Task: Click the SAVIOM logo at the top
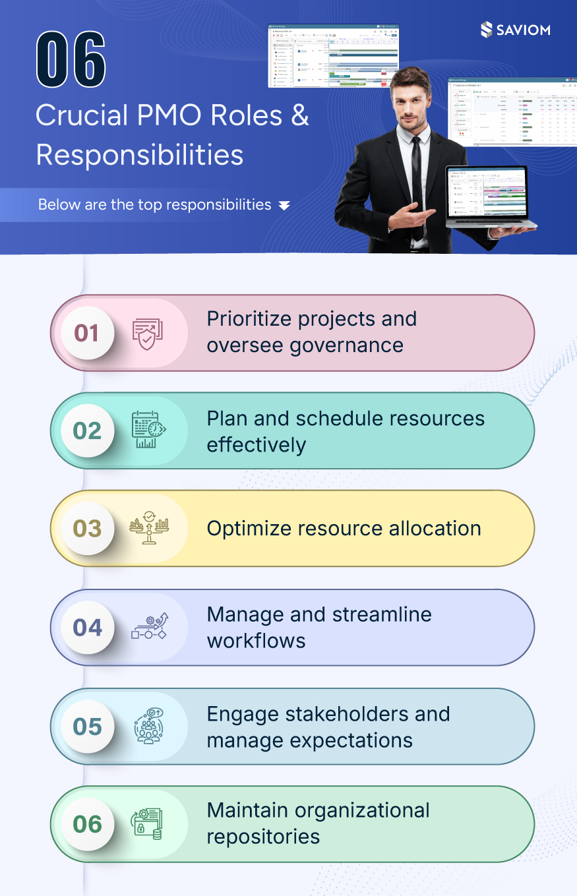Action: tap(516, 30)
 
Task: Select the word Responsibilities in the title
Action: tap(139, 154)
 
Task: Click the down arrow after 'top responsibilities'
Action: tap(284, 206)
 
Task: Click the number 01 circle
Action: tap(86, 333)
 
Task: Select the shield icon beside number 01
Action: tap(146, 334)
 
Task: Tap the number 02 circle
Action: tap(86, 431)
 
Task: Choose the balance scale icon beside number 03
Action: tap(148, 528)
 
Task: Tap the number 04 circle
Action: tap(86, 627)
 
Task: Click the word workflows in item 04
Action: tap(256, 641)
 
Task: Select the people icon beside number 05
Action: tap(148, 726)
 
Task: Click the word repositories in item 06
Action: tap(263, 837)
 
